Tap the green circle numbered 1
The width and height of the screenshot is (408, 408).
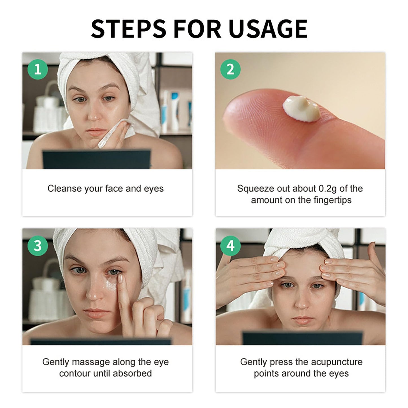point(38,69)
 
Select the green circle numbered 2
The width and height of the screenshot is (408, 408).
point(230,69)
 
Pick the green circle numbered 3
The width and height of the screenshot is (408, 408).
point(38,246)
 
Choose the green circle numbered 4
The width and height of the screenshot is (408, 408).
point(230,246)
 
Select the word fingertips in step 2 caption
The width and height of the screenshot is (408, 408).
point(333,200)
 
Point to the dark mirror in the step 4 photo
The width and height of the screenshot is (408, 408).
point(302,338)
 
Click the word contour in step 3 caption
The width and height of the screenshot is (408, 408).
point(75,373)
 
